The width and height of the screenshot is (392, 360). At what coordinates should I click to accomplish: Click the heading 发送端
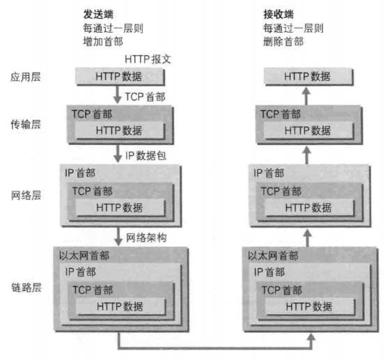coord(98,15)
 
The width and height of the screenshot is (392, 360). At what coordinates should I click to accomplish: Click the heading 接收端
coord(279,15)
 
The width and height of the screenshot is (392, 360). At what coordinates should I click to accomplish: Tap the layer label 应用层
coord(26,77)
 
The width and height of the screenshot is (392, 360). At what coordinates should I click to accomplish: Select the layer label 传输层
coord(26,124)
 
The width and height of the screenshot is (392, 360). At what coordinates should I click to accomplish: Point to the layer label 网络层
coord(26,195)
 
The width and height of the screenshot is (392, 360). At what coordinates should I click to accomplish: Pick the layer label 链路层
coord(26,288)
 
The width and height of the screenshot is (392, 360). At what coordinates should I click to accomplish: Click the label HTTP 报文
coord(148,59)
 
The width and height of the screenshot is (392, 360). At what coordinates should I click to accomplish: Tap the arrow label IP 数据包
coord(146,155)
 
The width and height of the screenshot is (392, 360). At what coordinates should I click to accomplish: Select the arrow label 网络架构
coord(146,237)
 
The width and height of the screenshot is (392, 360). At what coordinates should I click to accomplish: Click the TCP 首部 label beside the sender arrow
coord(146,97)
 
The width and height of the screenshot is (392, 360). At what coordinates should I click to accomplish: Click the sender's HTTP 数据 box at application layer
coord(120,77)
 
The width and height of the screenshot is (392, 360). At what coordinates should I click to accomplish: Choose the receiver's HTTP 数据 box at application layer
coord(308,77)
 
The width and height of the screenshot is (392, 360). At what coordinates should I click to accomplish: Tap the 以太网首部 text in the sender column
coord(84,256)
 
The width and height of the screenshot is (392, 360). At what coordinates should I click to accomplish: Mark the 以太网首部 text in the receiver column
coord(273,256)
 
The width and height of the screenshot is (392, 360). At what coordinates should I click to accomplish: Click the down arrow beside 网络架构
coord(118,237)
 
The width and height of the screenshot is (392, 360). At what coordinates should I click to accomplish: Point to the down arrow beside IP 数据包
coord(118,153)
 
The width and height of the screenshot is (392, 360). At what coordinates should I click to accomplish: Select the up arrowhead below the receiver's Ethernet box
coord(311,337)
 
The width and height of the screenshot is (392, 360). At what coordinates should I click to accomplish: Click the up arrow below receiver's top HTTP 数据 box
coord(306,96)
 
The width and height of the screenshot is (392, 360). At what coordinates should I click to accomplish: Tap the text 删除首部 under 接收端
coord(283,42)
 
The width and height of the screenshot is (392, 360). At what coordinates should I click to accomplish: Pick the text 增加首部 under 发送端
coord(103,42)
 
